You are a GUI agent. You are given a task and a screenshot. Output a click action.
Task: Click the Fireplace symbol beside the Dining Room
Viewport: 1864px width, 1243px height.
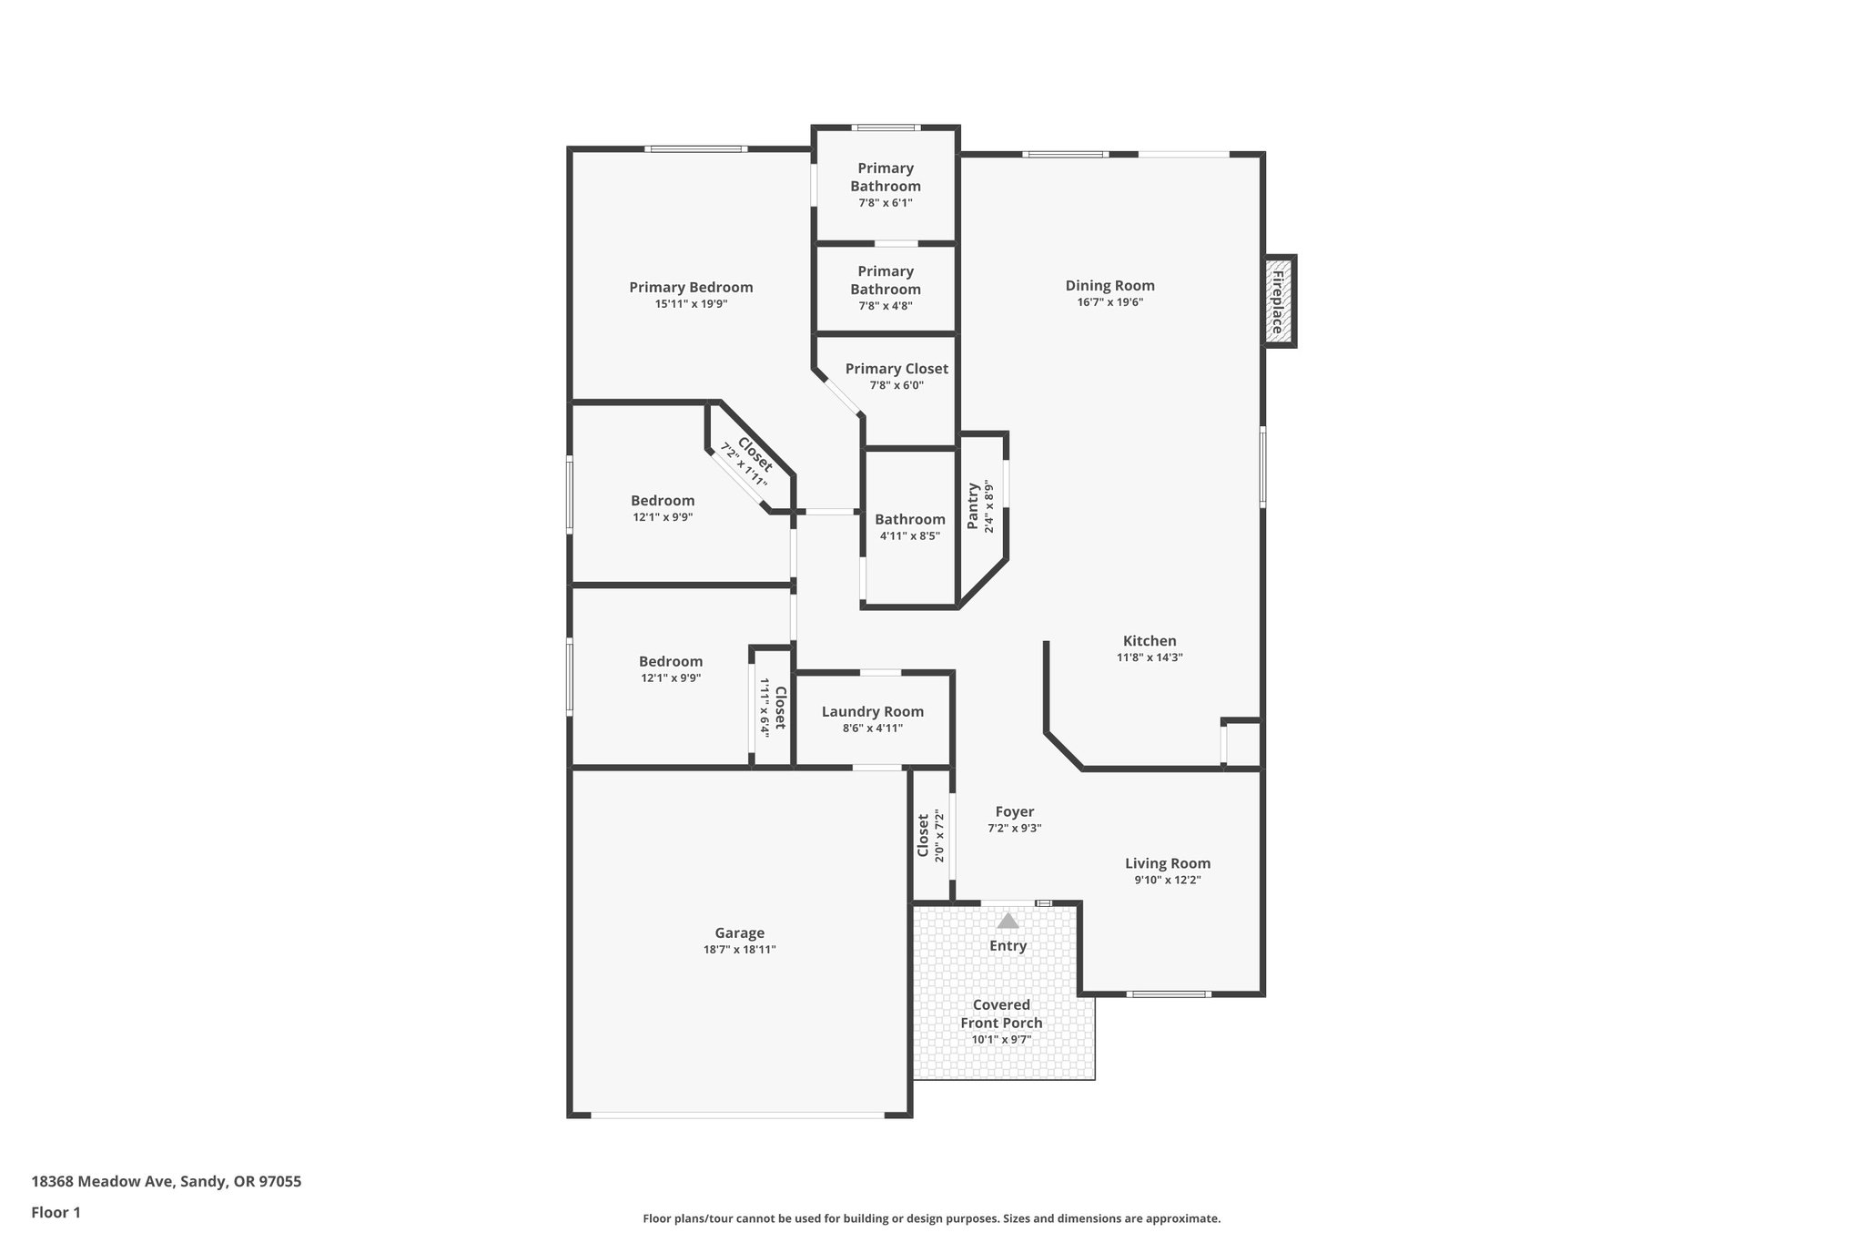1279,301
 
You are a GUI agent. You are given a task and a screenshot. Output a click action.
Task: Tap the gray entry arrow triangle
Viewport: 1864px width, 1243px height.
1008,921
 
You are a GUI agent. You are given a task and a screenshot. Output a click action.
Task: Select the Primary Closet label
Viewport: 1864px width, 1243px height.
897,369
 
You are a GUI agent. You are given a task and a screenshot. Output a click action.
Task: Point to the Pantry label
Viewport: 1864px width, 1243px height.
973,506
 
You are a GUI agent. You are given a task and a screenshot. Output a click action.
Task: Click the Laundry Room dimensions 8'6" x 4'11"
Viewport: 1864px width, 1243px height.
872,728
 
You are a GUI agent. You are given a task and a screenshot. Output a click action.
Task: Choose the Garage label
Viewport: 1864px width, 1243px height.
739,932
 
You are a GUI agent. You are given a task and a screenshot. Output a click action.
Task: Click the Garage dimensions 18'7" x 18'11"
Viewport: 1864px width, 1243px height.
739,950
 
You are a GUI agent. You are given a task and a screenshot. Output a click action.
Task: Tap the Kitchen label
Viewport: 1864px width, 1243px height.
1149,641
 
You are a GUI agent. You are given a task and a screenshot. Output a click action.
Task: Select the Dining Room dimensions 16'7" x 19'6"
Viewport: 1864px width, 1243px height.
1109,302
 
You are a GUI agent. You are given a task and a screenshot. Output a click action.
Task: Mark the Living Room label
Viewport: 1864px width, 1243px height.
1167,863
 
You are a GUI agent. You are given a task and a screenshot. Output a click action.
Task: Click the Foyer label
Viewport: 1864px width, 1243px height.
1014,811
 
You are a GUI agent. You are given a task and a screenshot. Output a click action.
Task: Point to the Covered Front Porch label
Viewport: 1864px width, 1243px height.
1001,1014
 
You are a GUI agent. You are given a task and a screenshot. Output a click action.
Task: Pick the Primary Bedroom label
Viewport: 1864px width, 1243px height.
691,287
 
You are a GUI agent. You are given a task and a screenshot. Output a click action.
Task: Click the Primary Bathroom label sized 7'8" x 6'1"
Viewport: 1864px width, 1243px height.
885,177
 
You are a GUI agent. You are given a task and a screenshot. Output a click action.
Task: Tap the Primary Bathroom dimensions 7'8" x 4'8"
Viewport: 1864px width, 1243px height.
885,306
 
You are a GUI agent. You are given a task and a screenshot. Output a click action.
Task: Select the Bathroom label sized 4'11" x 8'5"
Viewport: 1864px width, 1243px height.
909,519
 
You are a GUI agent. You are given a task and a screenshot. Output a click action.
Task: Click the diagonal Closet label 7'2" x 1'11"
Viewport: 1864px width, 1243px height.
755,454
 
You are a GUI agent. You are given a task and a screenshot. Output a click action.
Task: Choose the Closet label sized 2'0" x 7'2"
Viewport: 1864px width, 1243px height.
923,836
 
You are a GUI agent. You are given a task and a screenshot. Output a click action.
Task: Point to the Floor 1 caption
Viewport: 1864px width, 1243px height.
56,1212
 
